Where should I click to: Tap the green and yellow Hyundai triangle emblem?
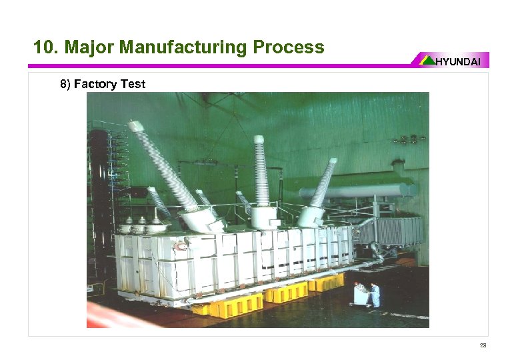click(427, 60)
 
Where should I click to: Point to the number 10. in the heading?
click(46, 47)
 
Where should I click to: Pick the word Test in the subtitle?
click(132, 84)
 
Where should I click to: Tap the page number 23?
click(483, 345)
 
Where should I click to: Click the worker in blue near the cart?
click(375, 293)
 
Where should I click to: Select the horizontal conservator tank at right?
click(360, 193)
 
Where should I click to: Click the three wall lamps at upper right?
click(408, 140)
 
